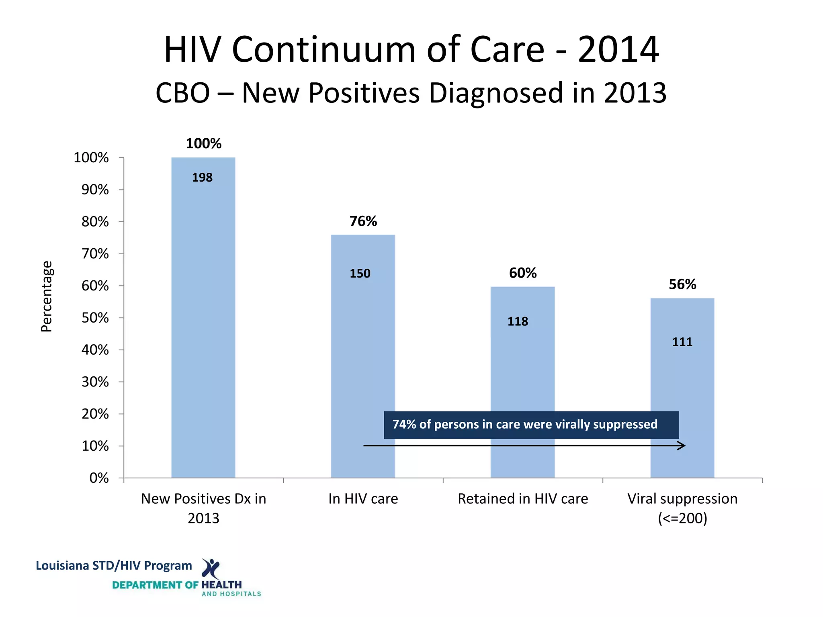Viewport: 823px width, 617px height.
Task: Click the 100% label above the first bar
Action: click(x=204, y=144)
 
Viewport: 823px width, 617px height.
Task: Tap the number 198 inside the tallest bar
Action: click(x=202, y=178)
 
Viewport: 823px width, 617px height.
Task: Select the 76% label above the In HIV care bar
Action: click(x=363, y=221)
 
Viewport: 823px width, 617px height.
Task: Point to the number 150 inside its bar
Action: click(x=360, y=274)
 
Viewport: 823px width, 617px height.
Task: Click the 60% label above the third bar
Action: click(x=523, y=273)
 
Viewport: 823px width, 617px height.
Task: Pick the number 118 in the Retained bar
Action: click(x=518, y=321)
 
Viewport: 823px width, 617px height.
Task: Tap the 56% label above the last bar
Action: click(x=682, y=284)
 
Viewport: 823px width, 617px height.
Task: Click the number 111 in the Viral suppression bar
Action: click(x=682, y=342)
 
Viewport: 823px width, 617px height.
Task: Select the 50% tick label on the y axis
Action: click(x=95, y=318)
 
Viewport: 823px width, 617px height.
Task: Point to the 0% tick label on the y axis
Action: click(x=99, y=478)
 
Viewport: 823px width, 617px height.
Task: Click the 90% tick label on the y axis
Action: click(x=95, y=190)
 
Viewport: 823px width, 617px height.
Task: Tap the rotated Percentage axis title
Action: click(x=47, y=296)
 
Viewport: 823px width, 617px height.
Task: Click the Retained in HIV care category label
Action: click(x=523, y=499)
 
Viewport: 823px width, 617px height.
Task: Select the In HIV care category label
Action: click(x=363, y=499)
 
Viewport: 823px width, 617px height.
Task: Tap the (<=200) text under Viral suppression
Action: click(x=682, y=518)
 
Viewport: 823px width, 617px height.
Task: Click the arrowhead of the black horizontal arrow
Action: click(x=682, y=445)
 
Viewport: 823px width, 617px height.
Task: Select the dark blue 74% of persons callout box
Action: click(x=531, y=425)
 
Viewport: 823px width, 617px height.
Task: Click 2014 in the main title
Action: click(x=618, y=50)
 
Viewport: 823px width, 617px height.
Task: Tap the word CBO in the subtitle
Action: click(x=183, y=93)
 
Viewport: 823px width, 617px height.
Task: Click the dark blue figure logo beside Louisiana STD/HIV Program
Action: click(x=211, y=568)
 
